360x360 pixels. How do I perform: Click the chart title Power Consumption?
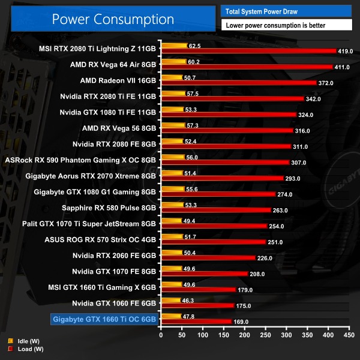113,19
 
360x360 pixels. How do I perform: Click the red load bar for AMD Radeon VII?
238,83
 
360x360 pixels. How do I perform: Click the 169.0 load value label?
241,322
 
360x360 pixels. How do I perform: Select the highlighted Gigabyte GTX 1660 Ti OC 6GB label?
104,319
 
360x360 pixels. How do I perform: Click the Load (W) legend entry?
24,349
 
